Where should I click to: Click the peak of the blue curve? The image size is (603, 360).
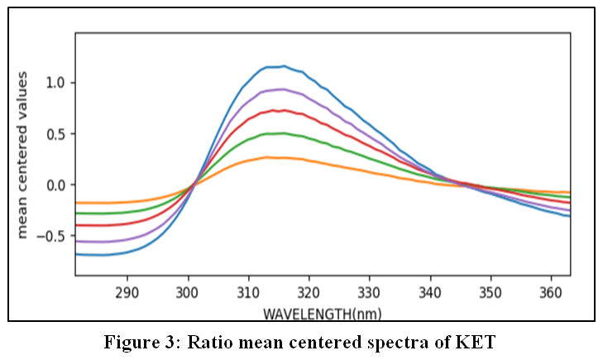click(285, 66)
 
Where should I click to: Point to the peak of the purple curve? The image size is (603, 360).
click(283, 89)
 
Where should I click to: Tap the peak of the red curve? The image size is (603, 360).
click(284, 110)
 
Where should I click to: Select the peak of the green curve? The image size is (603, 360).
click(284, 133)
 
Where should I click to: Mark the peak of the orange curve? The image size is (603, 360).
click(266, 157)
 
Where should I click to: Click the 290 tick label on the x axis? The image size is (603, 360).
click(127, 293)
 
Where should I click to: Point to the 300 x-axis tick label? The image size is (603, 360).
click(188, 293)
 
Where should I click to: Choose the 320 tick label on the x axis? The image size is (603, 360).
click(309, 293)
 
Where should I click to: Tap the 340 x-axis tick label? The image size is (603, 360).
click(430, 293)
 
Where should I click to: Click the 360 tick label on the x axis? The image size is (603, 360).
click(551, 293)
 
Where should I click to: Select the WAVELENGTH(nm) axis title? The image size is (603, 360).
click(323, 314)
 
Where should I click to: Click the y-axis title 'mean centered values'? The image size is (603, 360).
click(22, 155)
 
